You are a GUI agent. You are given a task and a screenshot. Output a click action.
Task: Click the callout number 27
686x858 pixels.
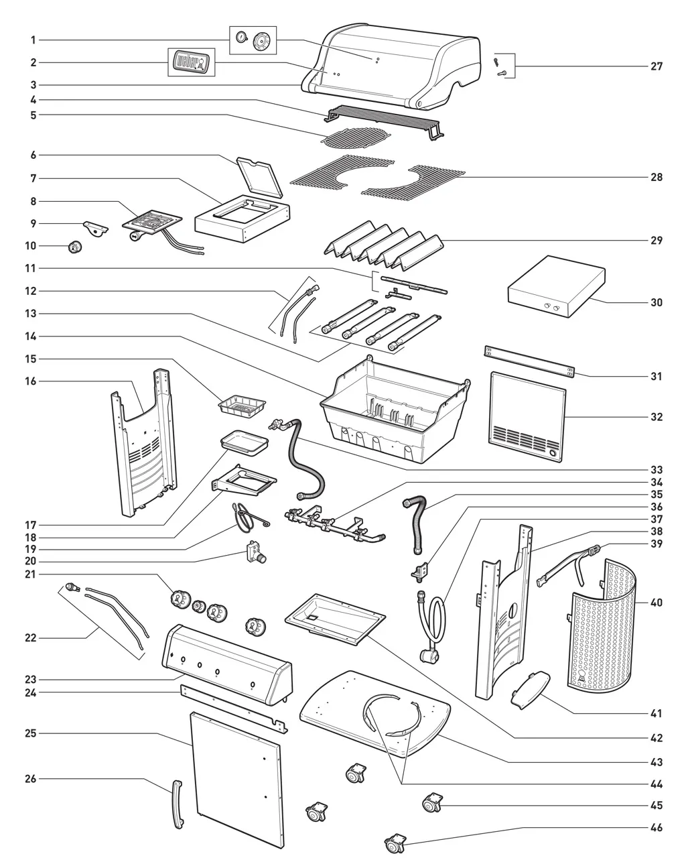[x=656, y=66]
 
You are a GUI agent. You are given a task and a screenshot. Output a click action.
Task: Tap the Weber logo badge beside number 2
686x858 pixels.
[x=191, y=62]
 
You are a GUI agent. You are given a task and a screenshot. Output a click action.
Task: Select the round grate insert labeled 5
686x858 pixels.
[x=357, y=137]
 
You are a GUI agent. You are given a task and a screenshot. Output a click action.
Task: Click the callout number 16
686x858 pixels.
[x=30, y=381]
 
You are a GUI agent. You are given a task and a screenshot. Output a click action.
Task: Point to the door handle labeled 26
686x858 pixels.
[x=178, y=805]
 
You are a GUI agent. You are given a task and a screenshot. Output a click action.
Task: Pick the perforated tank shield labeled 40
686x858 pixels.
[x=601, y=626]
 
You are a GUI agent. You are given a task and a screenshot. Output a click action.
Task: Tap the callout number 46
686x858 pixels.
[x=656, y=827]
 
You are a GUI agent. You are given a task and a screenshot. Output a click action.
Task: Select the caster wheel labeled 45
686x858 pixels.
[x=431, y=802]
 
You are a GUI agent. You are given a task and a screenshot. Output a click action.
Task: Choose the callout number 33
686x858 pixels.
[x=656, y=470]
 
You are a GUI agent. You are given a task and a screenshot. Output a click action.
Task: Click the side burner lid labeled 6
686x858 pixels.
[x=259, y=177]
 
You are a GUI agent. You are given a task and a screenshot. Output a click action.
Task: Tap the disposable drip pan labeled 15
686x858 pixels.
[x=242, y=407]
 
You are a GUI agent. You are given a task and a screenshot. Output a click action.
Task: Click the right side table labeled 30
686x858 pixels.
[x=557, y=287]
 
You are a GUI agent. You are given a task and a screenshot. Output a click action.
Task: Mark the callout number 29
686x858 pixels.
[x=656, y=241]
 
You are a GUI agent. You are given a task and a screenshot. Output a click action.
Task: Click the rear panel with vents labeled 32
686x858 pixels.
[x=527, y=417]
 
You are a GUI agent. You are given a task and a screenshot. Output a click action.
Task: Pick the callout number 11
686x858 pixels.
[x=30, y=268]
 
